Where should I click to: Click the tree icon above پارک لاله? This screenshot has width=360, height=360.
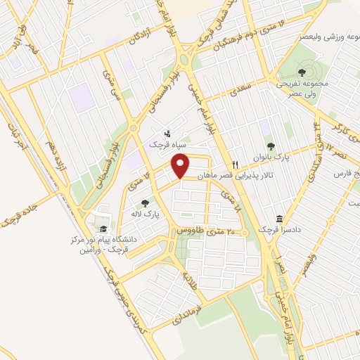(145, 203)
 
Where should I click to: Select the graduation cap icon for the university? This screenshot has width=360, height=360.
(103, 229)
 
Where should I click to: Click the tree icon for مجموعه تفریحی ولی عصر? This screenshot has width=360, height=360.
(302, 72)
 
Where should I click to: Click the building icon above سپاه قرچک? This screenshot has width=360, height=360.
(167, 133)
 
